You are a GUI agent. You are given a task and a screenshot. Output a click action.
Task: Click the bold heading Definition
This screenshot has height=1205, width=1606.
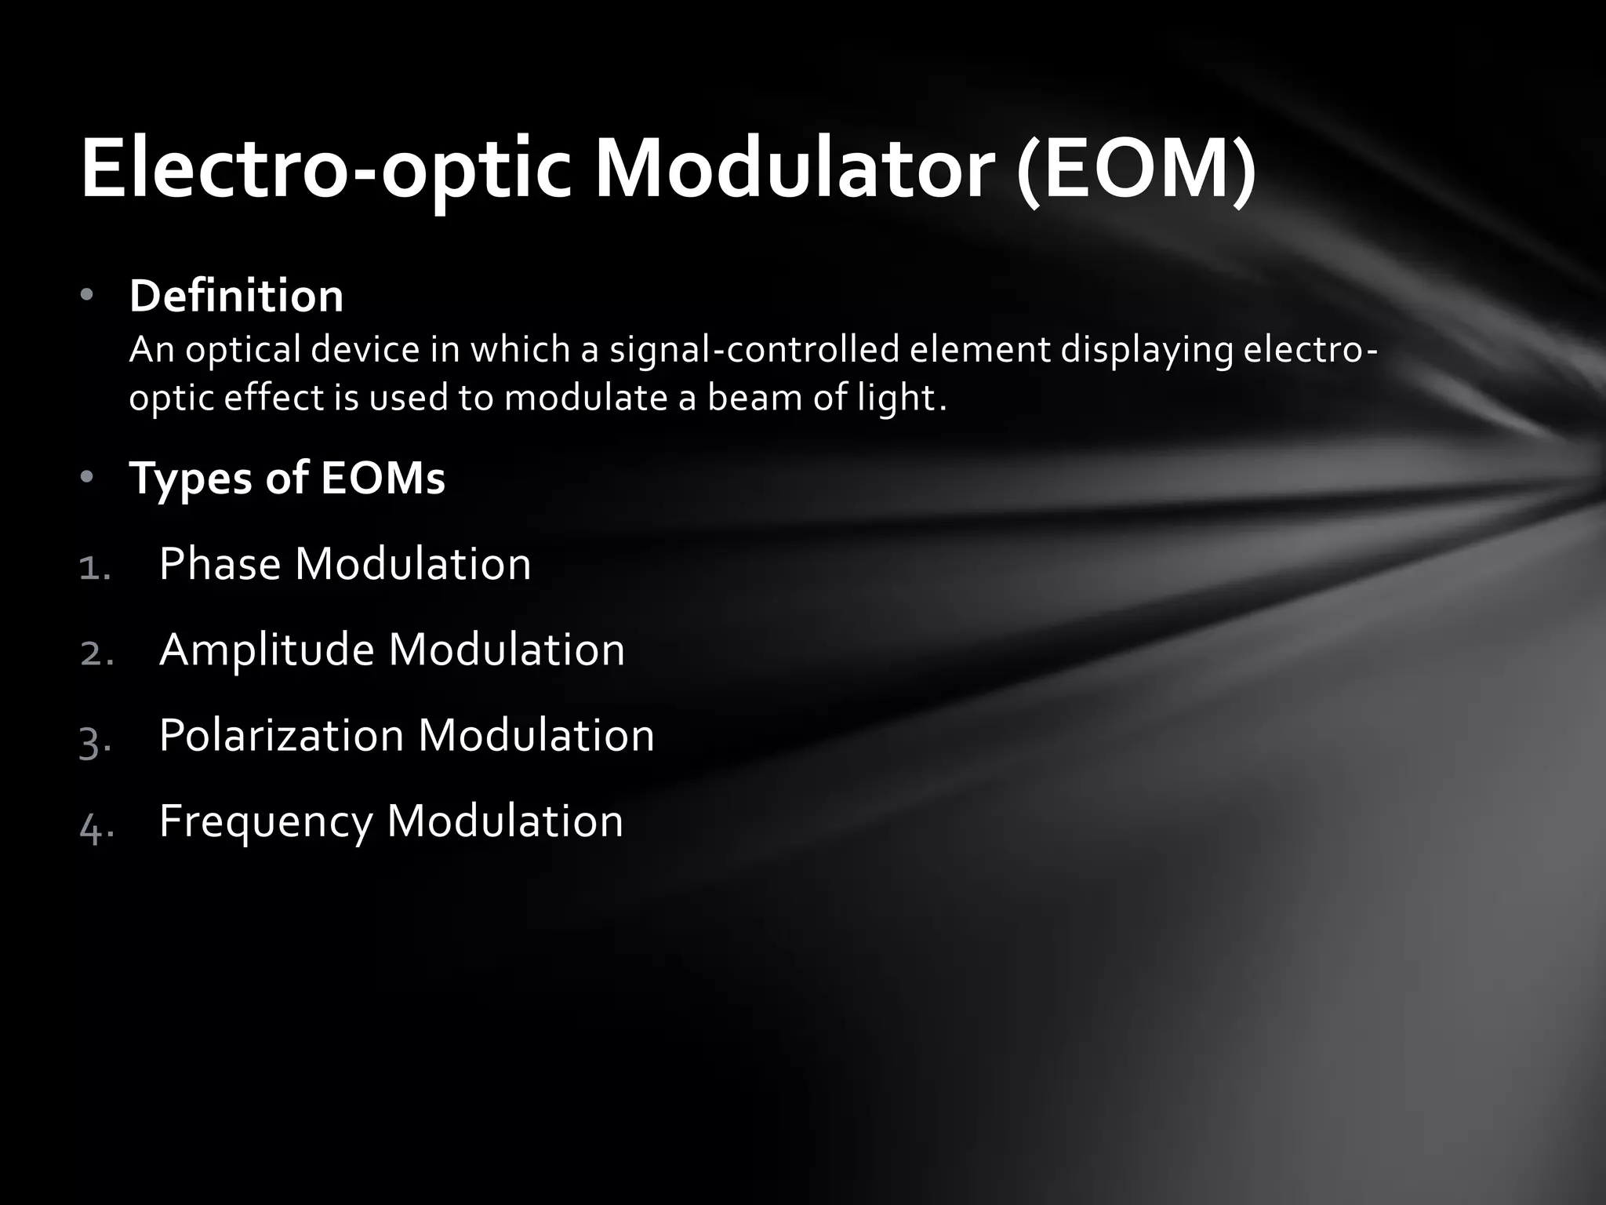(x=236, y=297)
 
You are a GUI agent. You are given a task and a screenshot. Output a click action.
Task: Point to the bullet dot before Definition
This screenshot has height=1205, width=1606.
(x=87, y=296)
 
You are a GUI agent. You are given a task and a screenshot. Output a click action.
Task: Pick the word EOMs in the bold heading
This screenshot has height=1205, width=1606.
(x=383, y=478)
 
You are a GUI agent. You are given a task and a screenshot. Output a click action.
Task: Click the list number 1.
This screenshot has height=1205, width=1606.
(x=95, y=567)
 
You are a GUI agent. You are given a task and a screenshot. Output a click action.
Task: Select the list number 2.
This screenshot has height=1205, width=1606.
(x=96, y=653)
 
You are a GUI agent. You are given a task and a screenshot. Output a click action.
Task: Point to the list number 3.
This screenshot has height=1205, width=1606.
(x=95, y=740)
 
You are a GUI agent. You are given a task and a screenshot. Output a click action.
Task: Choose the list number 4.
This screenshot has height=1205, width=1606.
(x=96, y=825)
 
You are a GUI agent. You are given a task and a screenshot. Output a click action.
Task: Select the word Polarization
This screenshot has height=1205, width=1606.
(x=282, y=736)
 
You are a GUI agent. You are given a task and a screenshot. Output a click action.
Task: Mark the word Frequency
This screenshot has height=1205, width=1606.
(x=266, y=822)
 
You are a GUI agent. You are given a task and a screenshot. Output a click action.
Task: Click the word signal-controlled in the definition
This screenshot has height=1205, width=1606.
(x=754, y=349)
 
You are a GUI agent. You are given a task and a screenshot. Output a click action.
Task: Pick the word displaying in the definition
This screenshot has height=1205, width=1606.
(x=1147, y=350)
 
